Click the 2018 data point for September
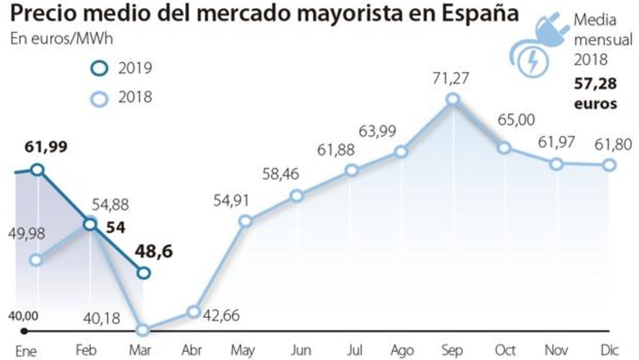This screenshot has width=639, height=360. coord(453,99)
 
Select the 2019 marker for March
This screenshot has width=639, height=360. coord(144,273)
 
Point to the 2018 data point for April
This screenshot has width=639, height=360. coord(194,311)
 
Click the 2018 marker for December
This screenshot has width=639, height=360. coord(609,165)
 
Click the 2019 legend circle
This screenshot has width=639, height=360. coord(100,69)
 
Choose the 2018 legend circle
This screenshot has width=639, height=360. coord(100,99)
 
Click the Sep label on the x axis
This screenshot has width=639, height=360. coord(453,349)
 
